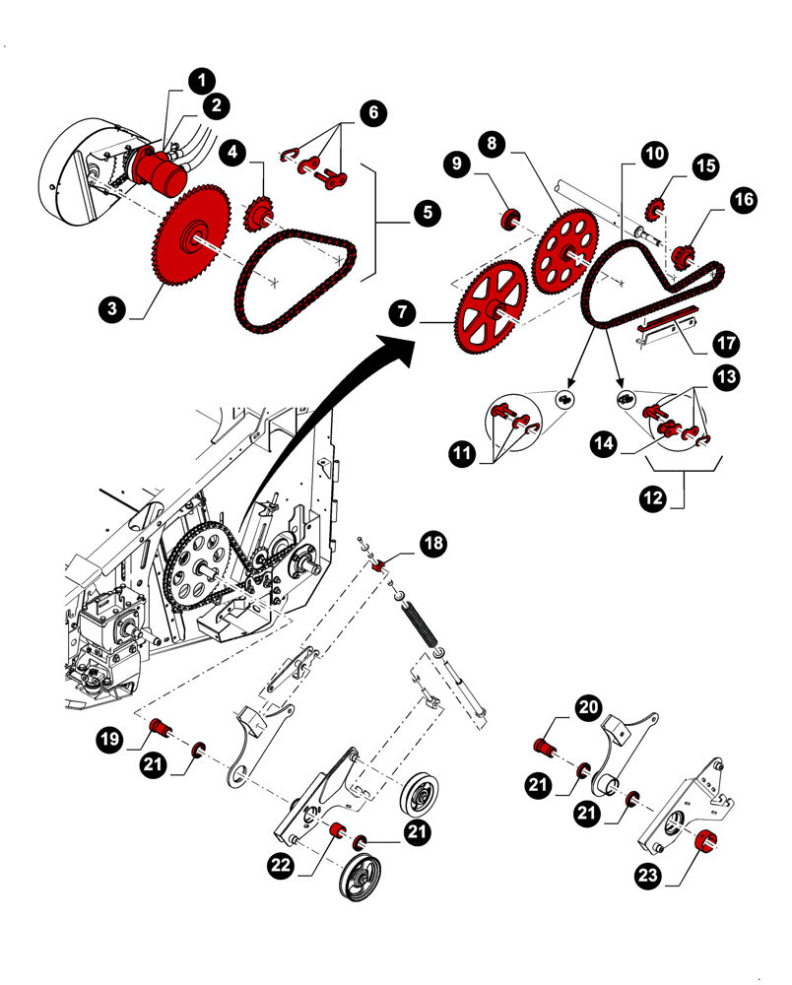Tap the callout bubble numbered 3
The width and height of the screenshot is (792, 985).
[113, 308]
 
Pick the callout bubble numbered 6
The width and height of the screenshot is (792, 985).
[373, 112]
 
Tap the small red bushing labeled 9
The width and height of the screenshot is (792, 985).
[510, 218]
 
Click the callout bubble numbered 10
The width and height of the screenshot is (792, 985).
[655, 154]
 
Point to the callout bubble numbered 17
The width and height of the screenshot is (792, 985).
[726, 345]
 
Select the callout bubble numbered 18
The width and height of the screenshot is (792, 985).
[433, 543]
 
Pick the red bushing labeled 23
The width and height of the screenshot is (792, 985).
[705, 843]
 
